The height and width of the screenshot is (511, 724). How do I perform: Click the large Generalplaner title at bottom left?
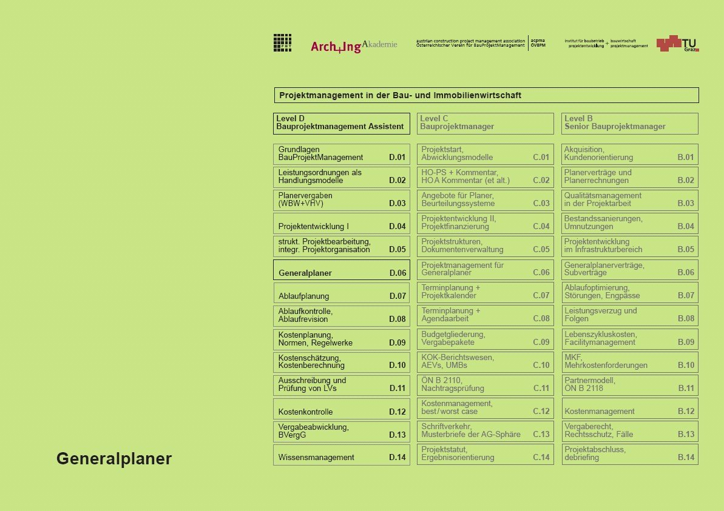click(114, 459)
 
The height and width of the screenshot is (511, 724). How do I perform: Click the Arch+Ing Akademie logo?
click(354, 46)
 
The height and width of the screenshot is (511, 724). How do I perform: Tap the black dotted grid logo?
click(282, 42)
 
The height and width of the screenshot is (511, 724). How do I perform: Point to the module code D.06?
click(398, 273)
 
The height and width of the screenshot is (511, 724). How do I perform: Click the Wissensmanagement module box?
click(341, 455)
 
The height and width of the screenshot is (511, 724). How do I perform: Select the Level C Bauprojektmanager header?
click(485, 123)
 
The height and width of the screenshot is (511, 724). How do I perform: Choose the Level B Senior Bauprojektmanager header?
click(629, 123)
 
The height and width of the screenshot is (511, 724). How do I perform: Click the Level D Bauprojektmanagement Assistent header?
click(341, 123)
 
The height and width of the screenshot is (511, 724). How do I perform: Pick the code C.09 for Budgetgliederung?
click(541, 342)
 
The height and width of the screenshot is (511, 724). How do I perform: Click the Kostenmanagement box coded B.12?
click(629, 408)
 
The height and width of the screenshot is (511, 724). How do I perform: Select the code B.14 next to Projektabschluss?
click(686, 458)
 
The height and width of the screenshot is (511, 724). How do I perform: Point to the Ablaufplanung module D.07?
click(341, 293)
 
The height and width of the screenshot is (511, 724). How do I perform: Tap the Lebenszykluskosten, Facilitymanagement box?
click(629, 339)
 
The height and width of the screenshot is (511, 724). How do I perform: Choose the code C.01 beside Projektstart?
click(541, 158)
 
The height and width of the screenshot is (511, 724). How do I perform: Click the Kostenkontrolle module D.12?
click(341, 408)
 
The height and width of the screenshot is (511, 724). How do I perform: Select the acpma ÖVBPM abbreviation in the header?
click(538, 43)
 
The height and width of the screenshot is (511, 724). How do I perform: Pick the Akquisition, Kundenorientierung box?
click(629, 154)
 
